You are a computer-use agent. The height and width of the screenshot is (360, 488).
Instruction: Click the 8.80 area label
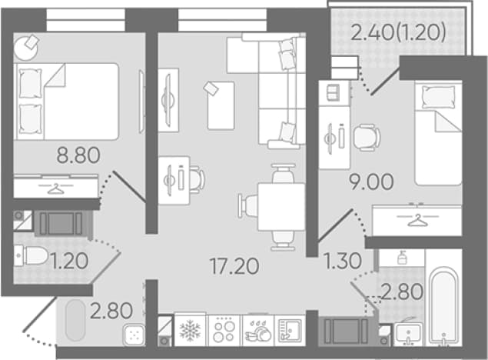[x=78, y=155]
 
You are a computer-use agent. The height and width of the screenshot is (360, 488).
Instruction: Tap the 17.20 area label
[x=234, y=267]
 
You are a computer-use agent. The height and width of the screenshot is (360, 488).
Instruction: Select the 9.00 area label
[x=371, y=182]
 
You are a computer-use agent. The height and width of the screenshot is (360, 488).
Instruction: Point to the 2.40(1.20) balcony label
[x=398, y=32]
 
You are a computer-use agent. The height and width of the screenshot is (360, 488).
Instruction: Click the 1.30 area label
[x=343, y=261]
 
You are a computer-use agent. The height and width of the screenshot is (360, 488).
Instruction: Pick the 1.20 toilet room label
[x=69, y=261]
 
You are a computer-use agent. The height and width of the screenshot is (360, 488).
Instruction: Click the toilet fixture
[x=31, y=256]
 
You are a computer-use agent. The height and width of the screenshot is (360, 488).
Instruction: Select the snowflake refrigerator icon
[x=190, y=331]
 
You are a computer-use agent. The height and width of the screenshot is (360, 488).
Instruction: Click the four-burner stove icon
[x=224, y=331]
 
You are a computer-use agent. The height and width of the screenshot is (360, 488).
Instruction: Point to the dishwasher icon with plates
[x=258, y=331]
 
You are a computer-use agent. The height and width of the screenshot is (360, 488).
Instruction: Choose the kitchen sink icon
[x=290, y=331]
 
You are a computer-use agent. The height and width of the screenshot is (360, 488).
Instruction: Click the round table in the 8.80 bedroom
[x=26, y=48]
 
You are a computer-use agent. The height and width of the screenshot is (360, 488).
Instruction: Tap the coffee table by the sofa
[x=221, y=105]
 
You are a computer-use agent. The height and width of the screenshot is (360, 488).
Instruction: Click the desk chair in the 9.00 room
[x=367, y=138]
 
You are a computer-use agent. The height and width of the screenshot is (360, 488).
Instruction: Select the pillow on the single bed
[x=438, y=98]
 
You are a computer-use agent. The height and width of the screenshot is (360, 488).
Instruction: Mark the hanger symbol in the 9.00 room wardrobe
[x=417, y=220]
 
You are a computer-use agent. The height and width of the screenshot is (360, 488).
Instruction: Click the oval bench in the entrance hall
[x=75, y=320]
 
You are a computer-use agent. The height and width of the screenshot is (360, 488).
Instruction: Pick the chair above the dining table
[x=284, y=173]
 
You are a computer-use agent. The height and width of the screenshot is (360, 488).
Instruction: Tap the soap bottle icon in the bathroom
[x=402, y=258]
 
